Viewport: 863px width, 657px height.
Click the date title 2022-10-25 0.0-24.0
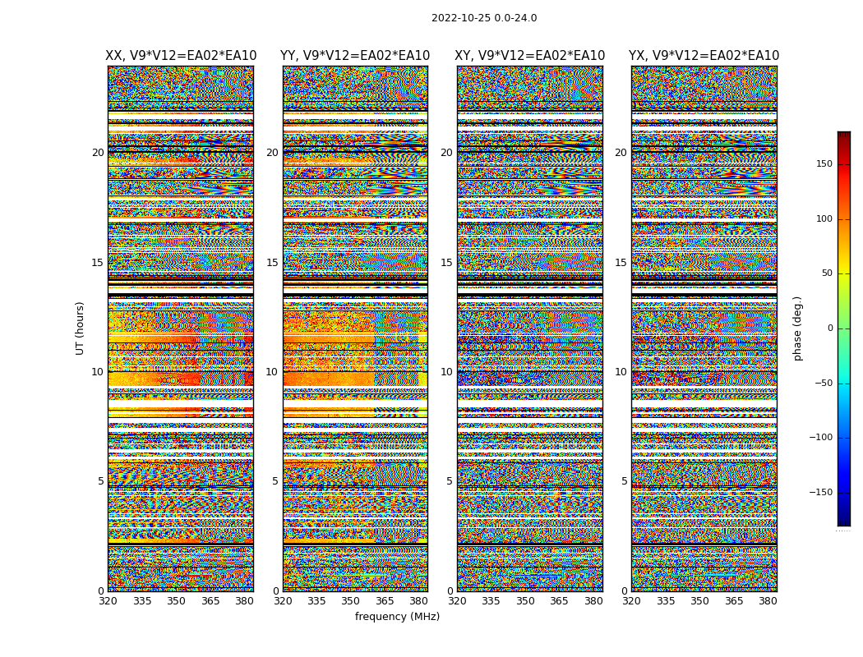484,18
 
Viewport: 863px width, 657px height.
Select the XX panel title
181,56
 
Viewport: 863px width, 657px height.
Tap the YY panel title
355,56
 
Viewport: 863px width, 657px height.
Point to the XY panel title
530,56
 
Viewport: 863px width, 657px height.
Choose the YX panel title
704,56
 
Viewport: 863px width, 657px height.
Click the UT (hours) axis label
80,328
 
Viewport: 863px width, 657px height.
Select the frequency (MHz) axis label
397,617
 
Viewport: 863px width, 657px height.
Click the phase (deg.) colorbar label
797,328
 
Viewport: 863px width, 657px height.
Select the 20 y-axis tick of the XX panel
98,153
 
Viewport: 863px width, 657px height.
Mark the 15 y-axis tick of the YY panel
272,263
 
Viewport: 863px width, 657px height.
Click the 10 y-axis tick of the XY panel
446,372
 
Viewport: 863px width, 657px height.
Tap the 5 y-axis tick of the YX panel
624,481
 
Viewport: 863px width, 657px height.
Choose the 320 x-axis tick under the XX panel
108,601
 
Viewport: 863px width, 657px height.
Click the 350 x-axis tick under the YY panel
351,601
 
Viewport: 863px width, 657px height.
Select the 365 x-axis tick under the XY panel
559,601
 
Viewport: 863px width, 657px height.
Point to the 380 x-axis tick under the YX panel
768,601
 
